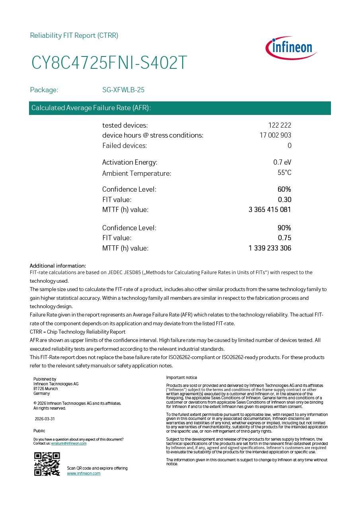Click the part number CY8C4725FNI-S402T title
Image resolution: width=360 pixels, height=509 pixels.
109,63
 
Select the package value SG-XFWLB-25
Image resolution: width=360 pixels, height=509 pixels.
123,90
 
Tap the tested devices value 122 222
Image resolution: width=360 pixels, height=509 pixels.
280,125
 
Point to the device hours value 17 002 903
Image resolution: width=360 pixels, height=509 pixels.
275,135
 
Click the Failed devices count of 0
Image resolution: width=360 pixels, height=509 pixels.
289,146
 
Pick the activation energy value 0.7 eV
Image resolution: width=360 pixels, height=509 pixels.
282,162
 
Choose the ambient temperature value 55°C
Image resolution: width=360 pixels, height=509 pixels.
284,173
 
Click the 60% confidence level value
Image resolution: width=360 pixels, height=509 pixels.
284,189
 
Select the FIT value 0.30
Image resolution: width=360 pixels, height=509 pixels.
284,200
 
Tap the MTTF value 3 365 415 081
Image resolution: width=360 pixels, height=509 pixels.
270,210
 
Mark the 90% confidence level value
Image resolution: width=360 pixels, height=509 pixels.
284,228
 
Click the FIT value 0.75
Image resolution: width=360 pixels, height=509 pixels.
284,238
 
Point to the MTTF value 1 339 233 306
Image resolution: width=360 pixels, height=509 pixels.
270,248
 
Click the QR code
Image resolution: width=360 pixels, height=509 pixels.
47,464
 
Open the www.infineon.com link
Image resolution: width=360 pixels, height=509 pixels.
84,473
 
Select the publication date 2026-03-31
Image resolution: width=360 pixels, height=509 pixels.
45,419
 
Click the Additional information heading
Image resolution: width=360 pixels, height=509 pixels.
58,266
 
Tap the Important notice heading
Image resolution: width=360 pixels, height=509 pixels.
181,377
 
